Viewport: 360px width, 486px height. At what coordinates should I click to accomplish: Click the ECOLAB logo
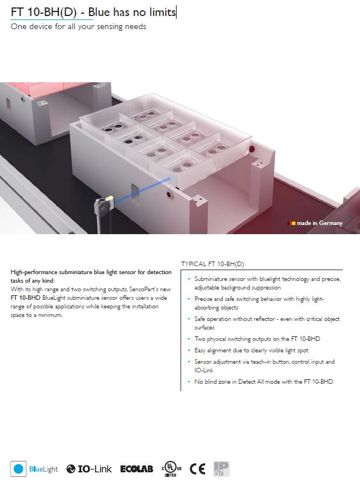pos(137,469)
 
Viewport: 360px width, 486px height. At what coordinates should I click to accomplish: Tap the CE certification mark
pos(198,469)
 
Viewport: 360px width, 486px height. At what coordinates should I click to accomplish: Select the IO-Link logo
pos(89,469)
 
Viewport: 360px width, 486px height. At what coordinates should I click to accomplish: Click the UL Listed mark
pos(171,469)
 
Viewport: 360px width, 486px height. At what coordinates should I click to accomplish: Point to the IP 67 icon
pos(221,469)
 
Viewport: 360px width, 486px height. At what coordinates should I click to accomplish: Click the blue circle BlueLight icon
pos(18,469)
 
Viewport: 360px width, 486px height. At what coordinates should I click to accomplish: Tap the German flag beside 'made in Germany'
pos(292,223)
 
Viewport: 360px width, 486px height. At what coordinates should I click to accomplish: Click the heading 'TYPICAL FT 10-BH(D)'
pos(213,264)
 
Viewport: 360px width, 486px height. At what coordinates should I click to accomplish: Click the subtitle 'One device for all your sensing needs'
pos(78,27)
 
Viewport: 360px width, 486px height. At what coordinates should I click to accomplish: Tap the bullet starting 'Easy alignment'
pos(251,350)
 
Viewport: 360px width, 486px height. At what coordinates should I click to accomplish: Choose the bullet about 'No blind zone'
pos(263,381)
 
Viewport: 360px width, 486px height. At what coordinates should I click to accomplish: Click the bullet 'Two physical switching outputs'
pos(257,339)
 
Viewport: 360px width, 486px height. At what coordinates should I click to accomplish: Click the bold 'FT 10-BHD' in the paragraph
pos(25,298)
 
